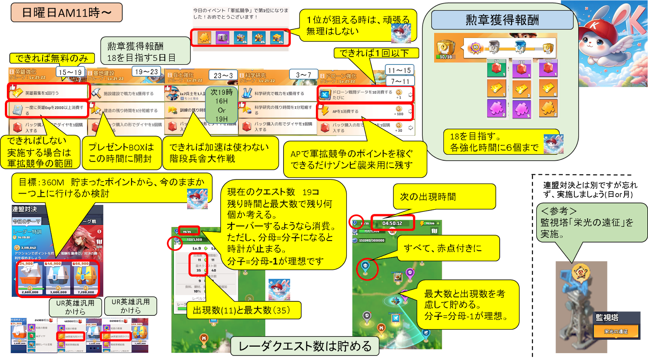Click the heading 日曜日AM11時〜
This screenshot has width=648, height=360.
pyautogui.click(x=66, y=13)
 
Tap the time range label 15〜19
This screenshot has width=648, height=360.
pyautogui.click(x=70, y=72)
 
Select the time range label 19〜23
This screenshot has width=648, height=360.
pyautogui.click(x=146, y=72)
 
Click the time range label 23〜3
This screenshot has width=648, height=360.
pyautogui.click(x=223, y=75)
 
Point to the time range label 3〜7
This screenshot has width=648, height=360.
pyautogui.click(x=303, y=75)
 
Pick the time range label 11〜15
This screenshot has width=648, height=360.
pyautogui.click(x=399, y=70)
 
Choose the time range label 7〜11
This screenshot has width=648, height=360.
pyautogui.click(x=400, y=81)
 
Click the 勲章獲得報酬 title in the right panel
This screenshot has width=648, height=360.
pyautogui.click(x=502, y=20)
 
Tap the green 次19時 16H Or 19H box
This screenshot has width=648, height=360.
pyautogui.click(x=221, y=105)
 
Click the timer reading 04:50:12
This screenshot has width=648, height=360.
pyautogui.click(x=392, y=223)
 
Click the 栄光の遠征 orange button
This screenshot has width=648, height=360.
pyautogui.click(x=616, y=331)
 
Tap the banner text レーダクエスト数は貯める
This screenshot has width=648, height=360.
pyautogui.click(x=305, y=346)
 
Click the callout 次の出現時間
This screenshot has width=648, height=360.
pyautogui.click(x=444, y=197)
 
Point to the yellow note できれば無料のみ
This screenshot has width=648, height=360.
pyautogui.click(x=52, y=58)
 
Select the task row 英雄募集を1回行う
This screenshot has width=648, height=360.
pyautogui.click(x=48, y=93)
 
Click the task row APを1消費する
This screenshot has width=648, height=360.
pyautogui.click(x=364, y=111)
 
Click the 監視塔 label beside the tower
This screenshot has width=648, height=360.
pyautogui.click(x=607, y=317)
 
